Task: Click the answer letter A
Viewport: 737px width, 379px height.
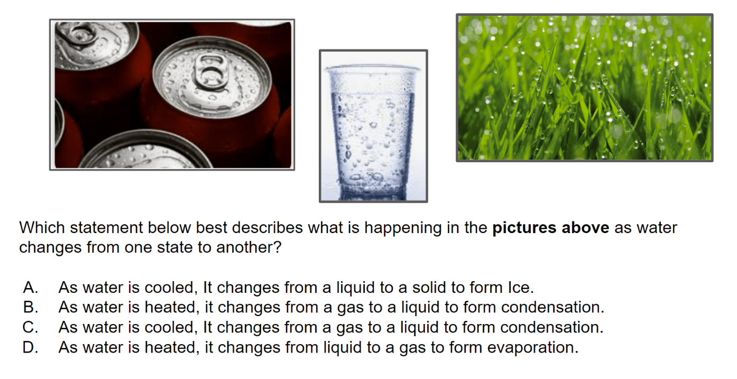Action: (x=31, y=287)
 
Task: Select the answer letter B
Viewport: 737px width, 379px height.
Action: (x=31, y=307)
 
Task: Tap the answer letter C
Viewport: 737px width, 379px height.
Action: (x=30, y=327)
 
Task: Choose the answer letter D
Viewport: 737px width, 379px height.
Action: (x=30, y=347)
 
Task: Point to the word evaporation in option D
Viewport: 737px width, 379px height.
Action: (x=533, y=347)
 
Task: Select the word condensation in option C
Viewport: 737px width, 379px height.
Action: (x=552, y=327)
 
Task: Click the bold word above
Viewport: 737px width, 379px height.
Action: (x=585, y=228)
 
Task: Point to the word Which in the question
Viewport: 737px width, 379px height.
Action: (x=42, y=227)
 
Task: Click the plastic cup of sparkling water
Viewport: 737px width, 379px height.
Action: (x=373, y=132)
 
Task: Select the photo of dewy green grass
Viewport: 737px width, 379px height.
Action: (x=584, y=88)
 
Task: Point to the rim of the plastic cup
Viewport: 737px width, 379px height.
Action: (x=373, y=68)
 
